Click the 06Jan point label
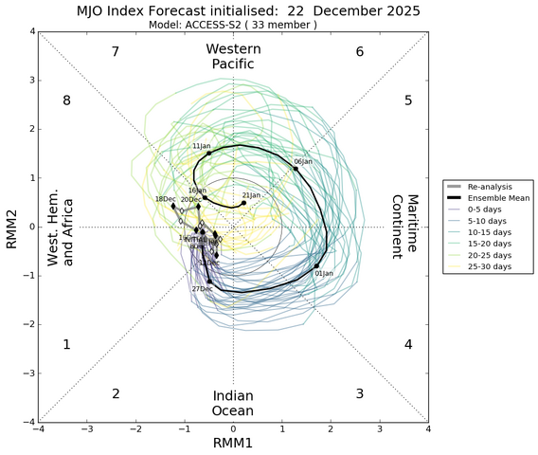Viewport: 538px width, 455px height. [303, 162]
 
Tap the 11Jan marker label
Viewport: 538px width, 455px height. [201, 147]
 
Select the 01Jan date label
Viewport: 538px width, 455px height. [323, 274]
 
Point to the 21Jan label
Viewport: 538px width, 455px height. [251, 195]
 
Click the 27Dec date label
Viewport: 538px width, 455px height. [201, 288]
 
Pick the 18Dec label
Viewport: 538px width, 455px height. [165, 199]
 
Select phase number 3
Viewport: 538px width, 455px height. [359, 393]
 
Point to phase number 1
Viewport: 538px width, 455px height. [66, 345]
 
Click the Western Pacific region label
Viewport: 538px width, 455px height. [233, 56]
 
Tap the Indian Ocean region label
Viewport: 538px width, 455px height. [233, 403]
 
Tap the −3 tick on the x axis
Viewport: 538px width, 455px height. [87, 429]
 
